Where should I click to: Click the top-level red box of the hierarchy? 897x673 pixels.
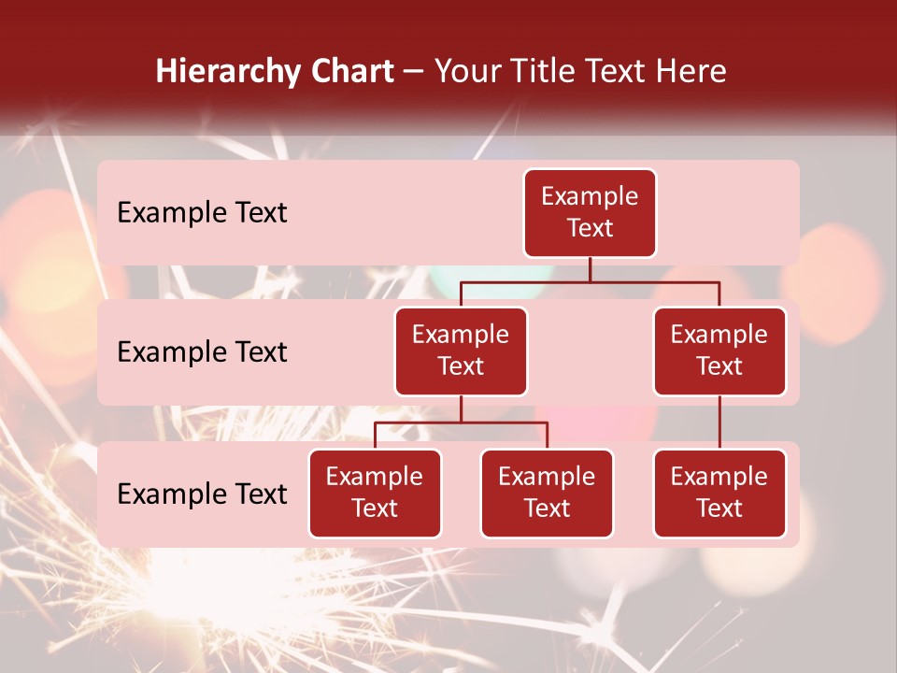pos(590,213)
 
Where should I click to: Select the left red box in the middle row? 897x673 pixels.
pos(461,351)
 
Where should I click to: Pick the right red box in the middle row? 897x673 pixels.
pos(719,351)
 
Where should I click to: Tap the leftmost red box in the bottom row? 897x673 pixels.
pos(375,494)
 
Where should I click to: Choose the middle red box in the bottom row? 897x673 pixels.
pos(547,494)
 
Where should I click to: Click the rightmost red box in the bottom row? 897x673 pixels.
pos(719,494)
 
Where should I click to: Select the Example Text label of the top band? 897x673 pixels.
pos(202,213)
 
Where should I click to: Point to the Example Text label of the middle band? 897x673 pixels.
pos(202,352)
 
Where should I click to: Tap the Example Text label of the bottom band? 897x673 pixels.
pos(202,494)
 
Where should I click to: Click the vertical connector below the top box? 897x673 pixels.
pos(590,269)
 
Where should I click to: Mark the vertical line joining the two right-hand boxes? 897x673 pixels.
pos(719,422)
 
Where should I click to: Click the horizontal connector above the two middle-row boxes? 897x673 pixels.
pos(590,281)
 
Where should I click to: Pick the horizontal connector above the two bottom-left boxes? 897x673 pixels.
pos(461,422)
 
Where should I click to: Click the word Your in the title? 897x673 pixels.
pos(466,72)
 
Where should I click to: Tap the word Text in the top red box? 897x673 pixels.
pos(590,228)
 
